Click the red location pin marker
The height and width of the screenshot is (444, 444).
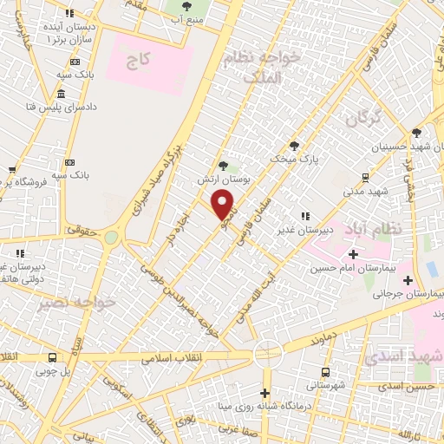click(223, 205)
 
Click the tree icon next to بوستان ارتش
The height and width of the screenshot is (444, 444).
click(224, 165)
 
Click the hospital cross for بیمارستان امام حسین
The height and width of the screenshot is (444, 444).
click(353, 254)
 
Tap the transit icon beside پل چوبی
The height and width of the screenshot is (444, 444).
click(53, 357)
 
